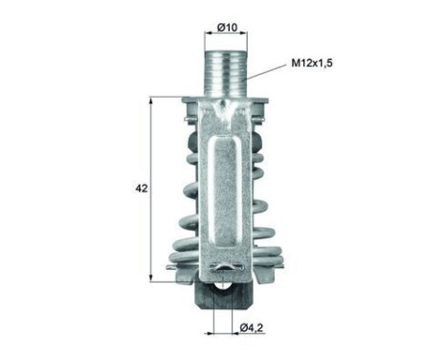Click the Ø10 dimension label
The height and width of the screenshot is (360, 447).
(227, 28)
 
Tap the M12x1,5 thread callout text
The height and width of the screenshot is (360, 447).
(312, 63)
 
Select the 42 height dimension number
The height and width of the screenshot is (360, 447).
(142, 189)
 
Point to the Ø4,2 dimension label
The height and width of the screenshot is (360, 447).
(252, 327)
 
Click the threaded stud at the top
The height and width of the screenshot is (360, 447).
(225, 73)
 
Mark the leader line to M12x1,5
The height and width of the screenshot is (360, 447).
(266, 71)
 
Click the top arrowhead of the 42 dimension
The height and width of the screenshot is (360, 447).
(151, 101)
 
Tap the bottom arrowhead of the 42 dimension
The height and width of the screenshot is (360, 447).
(151, 278)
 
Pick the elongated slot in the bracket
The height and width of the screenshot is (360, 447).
(225, 192)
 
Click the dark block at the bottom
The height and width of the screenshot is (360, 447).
(224, 296)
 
